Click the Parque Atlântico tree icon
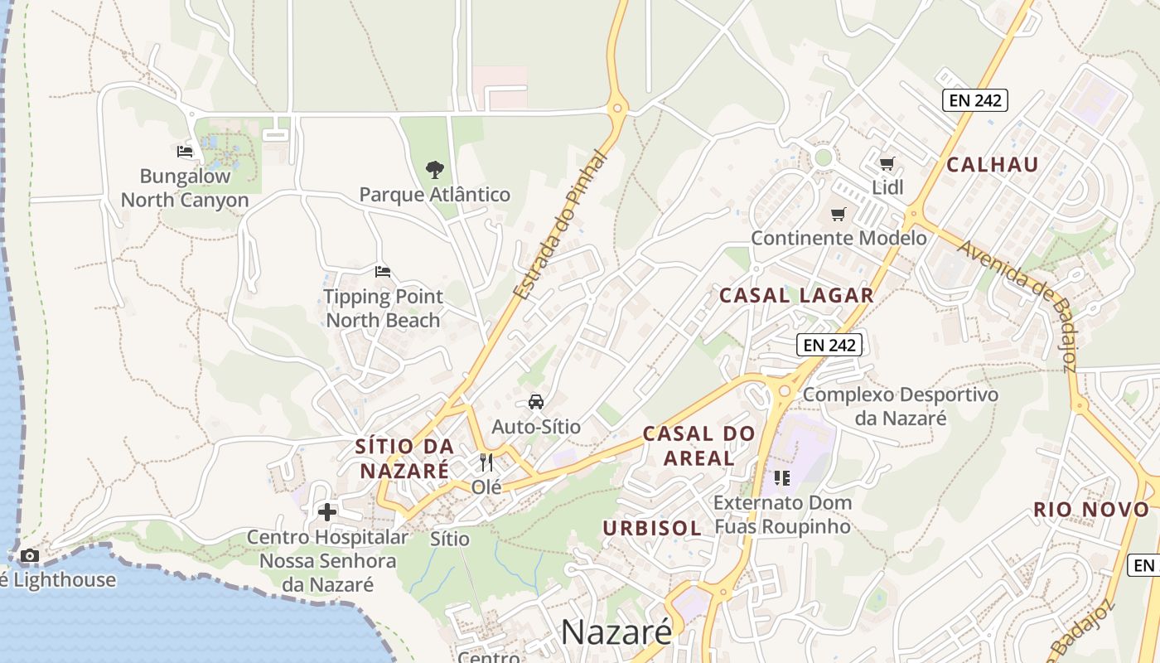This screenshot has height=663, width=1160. click(x=434, y=171)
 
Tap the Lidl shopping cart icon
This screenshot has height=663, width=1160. click(x=887, y=164)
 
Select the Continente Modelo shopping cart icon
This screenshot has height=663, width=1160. click(x=839, y=215)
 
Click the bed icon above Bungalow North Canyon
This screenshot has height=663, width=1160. click(x=185, y=152)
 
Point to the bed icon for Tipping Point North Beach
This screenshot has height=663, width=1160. click(x=383, y=272)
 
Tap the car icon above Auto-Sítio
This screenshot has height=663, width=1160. click(x=536, y=403)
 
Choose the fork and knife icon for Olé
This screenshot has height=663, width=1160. click(x=486, y=462)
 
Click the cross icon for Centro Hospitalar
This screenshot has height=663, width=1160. click(x=327, y=512)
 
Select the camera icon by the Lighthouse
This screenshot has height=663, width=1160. click(x=30, y=555)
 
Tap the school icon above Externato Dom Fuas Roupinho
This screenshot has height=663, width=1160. click(x=782, y=478)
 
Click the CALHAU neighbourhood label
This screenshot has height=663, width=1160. click(x=993, y=164)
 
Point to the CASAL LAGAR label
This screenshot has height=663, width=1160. click(x=796, y=295)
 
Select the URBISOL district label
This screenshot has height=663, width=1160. click(x=652, y=528)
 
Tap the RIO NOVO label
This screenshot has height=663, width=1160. click(x=1092, y=510)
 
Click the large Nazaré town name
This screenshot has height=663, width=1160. click(x=616, y=632)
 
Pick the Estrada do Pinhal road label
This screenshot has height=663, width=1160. click(x=560, y=225)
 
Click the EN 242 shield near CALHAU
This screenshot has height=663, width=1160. click(x=975, y=101)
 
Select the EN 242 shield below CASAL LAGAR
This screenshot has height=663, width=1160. click(x=829, y=345)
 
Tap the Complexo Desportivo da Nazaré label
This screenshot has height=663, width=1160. click(x=901, y=406)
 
